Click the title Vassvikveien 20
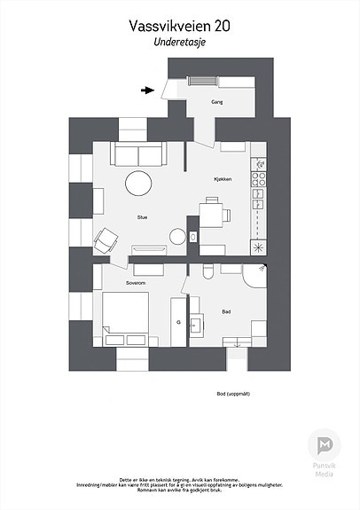179,27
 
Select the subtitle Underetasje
179,42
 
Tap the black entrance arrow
147,89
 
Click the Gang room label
216,103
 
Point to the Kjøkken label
223,179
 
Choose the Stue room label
142,216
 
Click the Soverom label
135,283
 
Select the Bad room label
227,311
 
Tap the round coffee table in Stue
139,184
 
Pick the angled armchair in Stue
107,239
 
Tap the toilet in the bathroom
205,270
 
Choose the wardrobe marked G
178,322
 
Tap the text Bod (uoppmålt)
232,394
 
